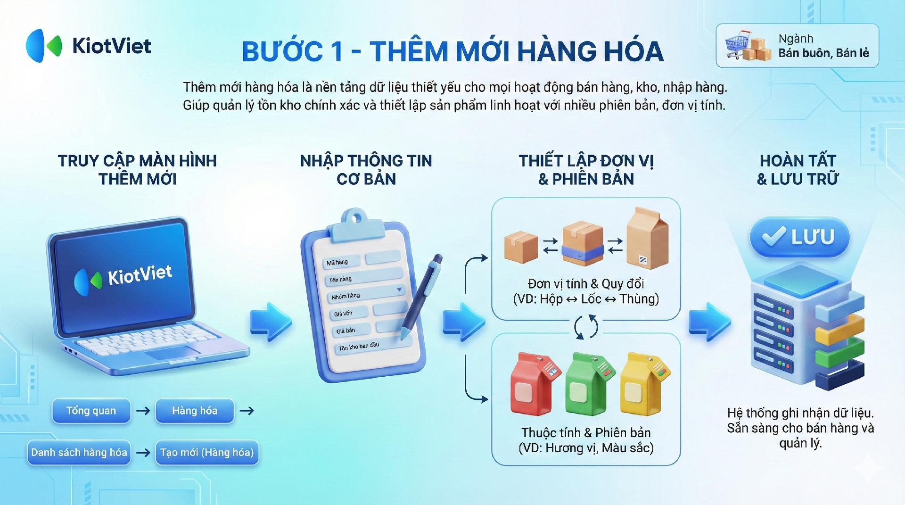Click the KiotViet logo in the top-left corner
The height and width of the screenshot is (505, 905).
point(89,46)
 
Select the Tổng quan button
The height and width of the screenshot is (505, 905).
point(91,411)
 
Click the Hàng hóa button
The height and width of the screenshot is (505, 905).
point(195,411)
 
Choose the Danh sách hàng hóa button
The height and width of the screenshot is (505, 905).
point(79,453)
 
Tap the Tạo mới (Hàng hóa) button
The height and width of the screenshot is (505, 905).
point(207,453)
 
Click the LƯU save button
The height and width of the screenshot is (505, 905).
point(800,237)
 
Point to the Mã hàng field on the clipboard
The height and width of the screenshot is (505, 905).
point(342,262)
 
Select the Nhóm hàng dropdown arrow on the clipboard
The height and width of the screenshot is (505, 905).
point(399,290)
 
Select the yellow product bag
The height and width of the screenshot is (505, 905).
point(644,383)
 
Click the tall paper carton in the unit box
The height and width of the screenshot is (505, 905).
point(647,238)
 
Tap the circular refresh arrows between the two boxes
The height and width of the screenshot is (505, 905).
point(586,327)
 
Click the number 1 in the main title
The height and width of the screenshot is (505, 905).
point(336,51)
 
